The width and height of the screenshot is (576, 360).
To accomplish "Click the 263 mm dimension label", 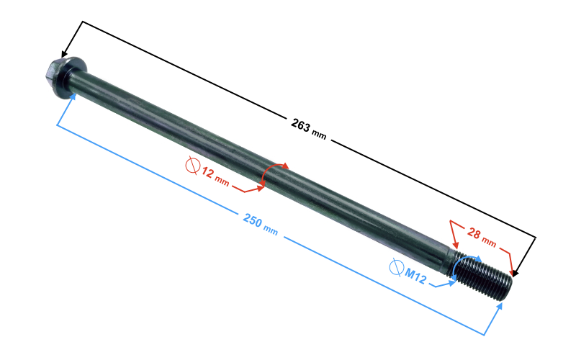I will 307,127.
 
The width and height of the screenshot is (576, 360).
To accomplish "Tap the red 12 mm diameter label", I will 215,176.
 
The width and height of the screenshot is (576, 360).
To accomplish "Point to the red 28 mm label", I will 481,235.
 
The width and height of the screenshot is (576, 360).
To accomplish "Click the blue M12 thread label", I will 417,274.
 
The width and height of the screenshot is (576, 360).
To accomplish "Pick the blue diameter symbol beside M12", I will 395,268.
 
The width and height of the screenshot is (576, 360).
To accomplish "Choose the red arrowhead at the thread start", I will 456,244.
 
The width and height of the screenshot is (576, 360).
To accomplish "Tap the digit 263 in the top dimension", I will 300,125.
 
